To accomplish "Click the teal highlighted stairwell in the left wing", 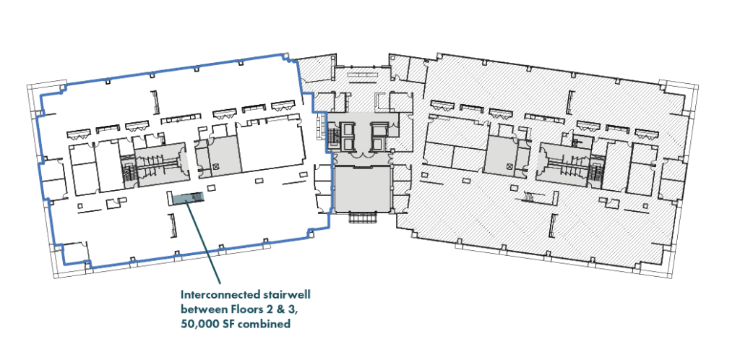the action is coord(187,199).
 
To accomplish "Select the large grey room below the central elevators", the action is coord(363,189).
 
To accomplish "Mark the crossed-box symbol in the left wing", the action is coord(215,166).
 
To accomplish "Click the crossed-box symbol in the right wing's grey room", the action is coord(509,166).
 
